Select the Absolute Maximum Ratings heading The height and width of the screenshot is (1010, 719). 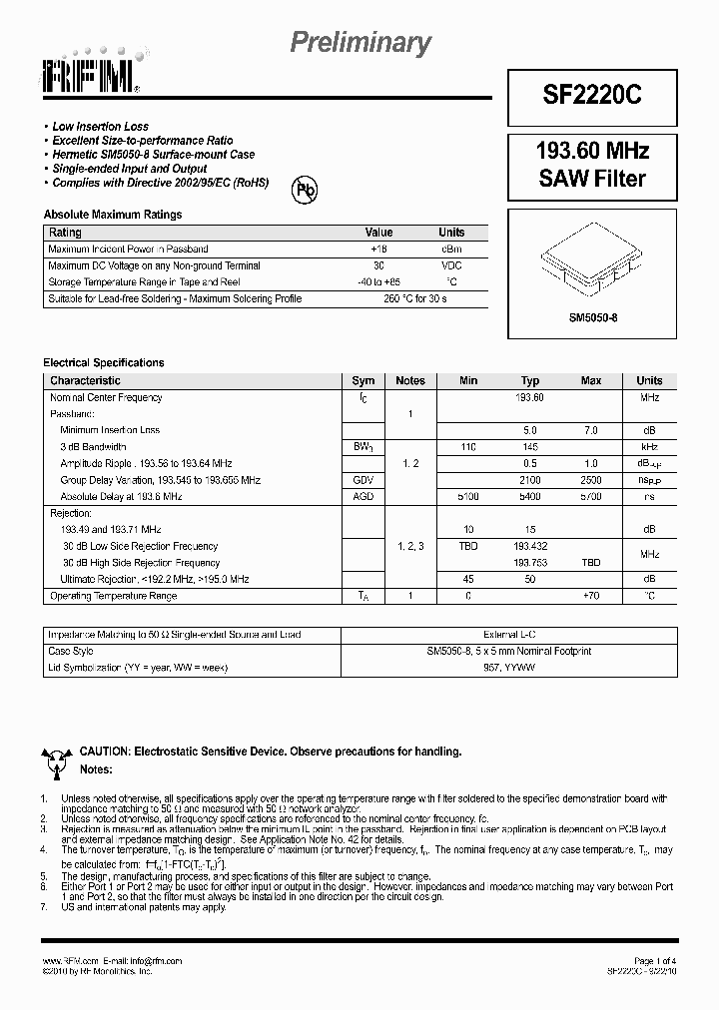coord(112,215)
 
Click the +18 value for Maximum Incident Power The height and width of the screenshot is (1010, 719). coord(378,249)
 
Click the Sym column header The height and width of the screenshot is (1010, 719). coord(363,380)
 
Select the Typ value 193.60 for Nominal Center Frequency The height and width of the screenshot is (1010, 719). coord(529,397)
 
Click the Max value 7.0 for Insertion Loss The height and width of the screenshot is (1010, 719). coord(590,430)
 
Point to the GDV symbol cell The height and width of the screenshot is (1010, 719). coord(362,480)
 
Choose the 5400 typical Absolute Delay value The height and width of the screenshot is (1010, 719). coord(529,496)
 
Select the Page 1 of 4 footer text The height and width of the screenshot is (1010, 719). coord(655,960)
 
